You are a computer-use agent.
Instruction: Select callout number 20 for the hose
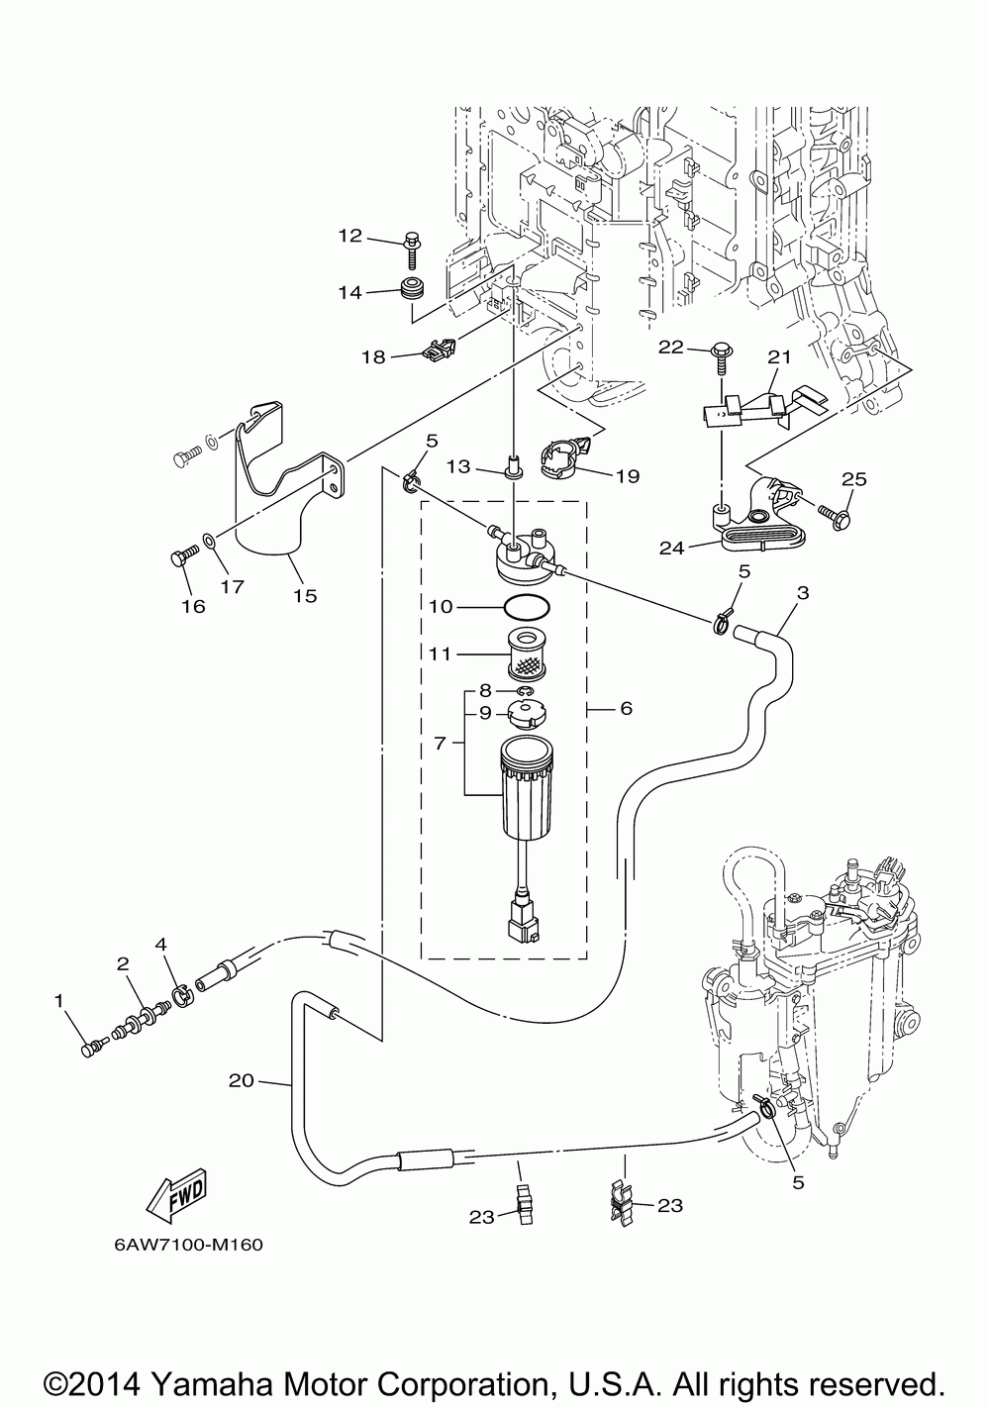point(241,1080)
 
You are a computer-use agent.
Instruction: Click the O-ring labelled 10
point(527,607)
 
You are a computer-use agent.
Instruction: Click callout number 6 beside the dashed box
point(626,708)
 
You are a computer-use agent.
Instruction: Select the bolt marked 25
point(836,518)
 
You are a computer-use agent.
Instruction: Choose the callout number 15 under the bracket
point(305,595)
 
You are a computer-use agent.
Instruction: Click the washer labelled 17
point(209,539)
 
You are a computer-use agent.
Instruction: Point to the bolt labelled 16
point(184,555)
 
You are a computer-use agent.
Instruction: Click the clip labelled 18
point(440,348)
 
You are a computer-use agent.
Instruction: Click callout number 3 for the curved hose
point(802,593)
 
